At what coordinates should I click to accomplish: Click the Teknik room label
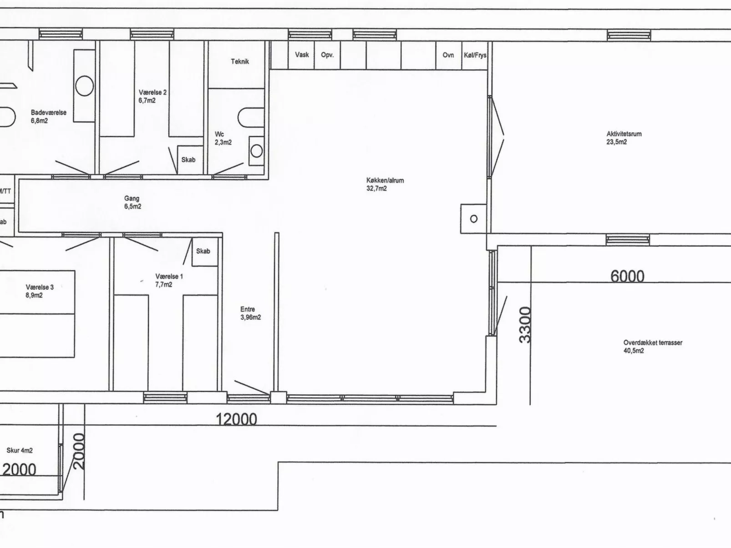click(x=240, y=61)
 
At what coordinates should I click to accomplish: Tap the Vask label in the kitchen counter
click(x=302, y=55)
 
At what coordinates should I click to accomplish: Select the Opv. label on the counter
click(x=327, y=55)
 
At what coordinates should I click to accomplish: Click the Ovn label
click(x=448, y=55)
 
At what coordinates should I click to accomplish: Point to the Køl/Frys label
click(x=475, y=55)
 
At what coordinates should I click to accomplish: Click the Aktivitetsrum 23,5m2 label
click(x=624, y=138)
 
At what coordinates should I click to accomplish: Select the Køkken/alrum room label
click(x=385, y=184)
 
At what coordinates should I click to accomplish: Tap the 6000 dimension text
click(x=627, y=276)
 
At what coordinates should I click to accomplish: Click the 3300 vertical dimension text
click(x=525, y=325)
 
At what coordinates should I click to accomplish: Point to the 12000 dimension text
click(x=236, y=419)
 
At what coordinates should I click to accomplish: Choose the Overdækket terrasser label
click(x=652, y=347)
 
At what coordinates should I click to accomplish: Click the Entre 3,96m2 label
click(x=250, y=313)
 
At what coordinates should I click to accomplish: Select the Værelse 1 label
click(x=169, y=280)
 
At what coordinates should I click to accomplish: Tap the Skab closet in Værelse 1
click(x=203, y=251)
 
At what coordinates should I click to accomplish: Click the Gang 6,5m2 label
click(x=132, y=202)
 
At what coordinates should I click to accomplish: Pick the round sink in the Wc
click(x=257, y=151)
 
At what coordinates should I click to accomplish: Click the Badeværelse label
click(x=48, y=116)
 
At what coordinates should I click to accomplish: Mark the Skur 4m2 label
click(x=20, y=450)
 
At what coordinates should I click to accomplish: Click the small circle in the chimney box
click(x=474, y=219)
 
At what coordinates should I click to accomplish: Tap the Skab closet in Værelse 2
click(x=188, y=160)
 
